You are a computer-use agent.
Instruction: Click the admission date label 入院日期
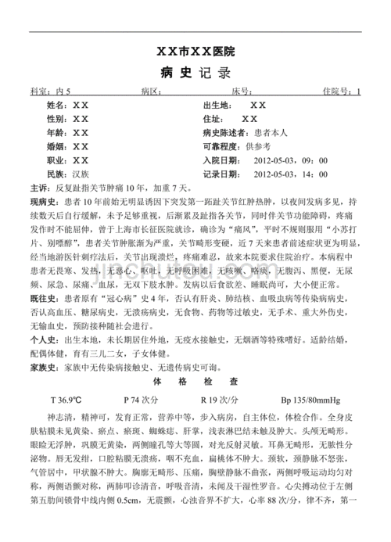coord(222,160)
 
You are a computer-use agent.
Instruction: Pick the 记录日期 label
coord(222,174)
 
